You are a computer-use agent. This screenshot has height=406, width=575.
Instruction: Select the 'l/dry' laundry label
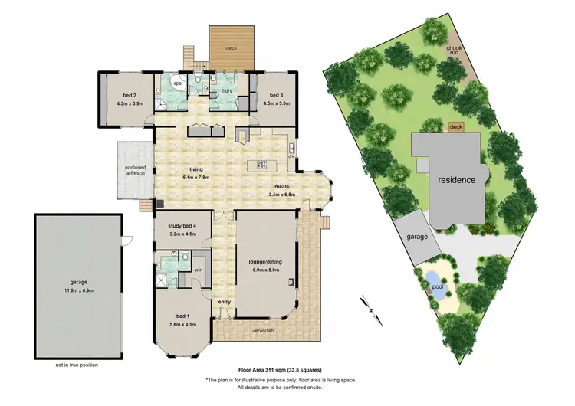click(x=227, y=91)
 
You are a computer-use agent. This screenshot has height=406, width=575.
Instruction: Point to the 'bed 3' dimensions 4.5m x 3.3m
click(x=275, y=102)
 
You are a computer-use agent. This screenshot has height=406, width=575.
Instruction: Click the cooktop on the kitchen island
click(x=261, y=165)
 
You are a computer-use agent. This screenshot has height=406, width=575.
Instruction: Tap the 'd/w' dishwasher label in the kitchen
click(x=292, y=156)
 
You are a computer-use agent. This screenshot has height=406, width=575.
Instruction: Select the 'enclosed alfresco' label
click(x=135, y=170)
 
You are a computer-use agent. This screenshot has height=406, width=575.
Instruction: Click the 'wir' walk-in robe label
click(x=197, y=270)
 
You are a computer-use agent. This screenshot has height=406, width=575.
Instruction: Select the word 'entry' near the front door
click(x=224, y=303)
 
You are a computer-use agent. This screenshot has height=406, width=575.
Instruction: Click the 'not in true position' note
click(x=77, y=365)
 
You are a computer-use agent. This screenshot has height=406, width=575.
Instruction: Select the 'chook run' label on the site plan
click(x=455, y=51)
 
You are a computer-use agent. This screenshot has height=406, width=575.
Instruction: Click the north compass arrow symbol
click(x=371, y=309)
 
